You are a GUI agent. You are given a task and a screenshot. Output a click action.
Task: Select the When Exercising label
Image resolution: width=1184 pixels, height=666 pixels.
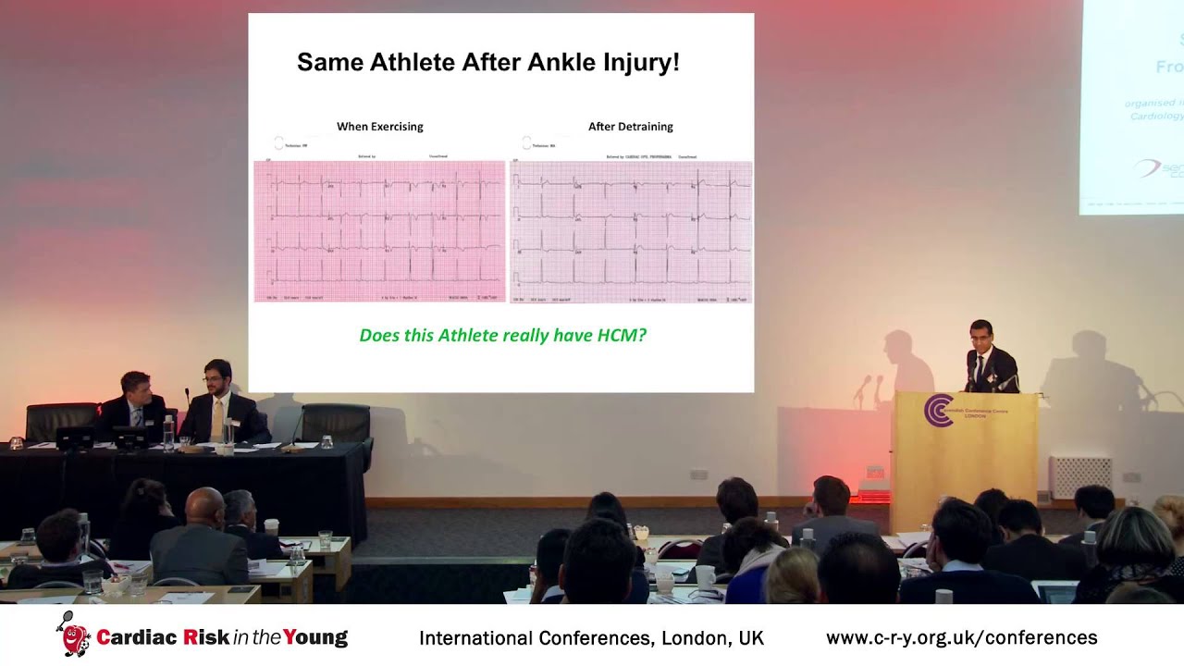(x=379, y=127)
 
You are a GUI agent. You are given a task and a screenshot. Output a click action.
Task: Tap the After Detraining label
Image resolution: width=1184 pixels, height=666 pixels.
(x=631, y=127)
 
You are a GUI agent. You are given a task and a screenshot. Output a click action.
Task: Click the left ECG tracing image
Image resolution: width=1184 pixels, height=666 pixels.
(x=379, y=231)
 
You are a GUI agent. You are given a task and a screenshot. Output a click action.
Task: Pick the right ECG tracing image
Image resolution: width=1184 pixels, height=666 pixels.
(x=631, y=231)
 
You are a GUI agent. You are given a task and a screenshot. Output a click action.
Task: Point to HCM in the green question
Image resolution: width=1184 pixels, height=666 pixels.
(x=622, y=335)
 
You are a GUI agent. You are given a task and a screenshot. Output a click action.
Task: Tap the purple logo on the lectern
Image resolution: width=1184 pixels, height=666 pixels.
(x=938, y=411)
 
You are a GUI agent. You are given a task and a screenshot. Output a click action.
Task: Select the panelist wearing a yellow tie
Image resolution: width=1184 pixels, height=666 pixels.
(x=220, y=407)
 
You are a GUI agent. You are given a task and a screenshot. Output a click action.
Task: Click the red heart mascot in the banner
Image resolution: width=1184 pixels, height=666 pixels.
(x=74, y=636)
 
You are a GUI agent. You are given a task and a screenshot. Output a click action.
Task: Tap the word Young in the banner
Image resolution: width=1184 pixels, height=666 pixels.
(x=315, y=637)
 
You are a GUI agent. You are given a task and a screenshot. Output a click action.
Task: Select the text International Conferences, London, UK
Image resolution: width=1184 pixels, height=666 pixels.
(x=591, y=638)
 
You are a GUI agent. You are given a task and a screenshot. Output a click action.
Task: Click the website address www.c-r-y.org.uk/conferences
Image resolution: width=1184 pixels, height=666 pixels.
(x=961, y=638)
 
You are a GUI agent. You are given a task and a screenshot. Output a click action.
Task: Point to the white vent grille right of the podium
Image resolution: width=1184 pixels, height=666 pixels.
(x=1080, y=476)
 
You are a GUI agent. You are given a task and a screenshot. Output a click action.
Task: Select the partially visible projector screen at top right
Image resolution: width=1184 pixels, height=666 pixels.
(x=1132, y=106)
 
